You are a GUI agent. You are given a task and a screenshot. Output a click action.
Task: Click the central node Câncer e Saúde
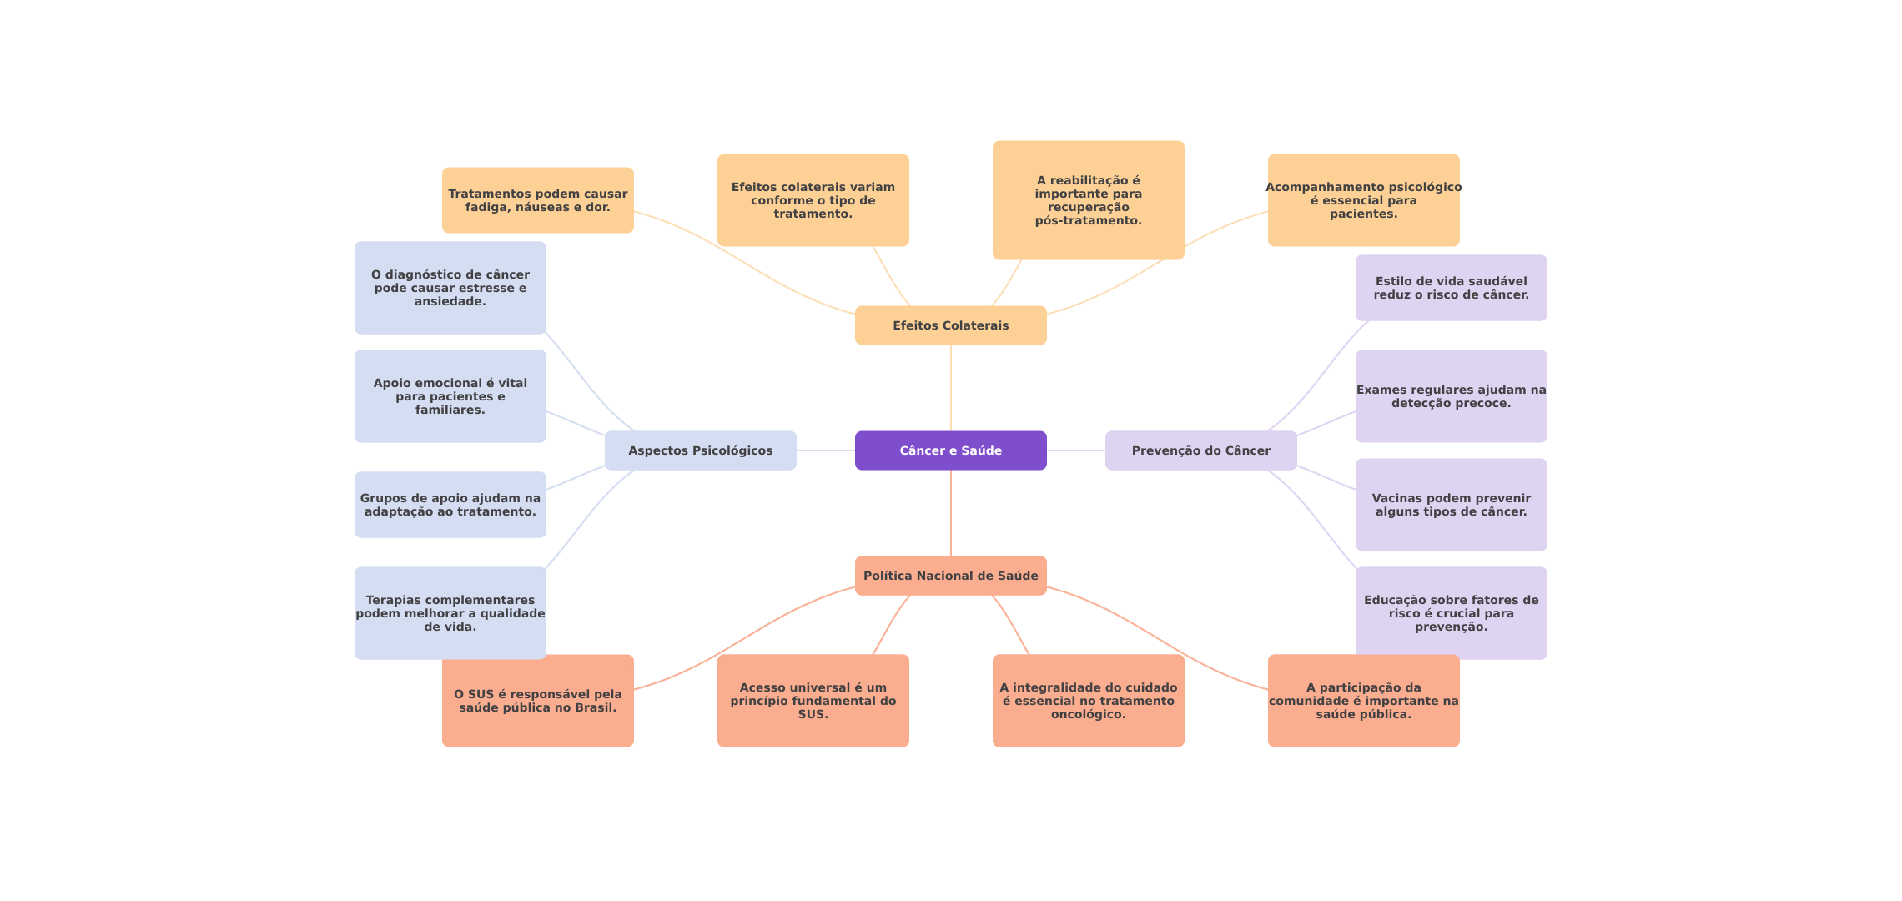pos(950,450)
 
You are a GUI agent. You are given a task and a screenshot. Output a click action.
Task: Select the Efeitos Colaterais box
pos(950,325)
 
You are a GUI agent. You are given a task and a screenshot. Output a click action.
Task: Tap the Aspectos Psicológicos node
pos(700,450)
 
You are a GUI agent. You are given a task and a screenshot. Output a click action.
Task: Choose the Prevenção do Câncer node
pos(1200,450)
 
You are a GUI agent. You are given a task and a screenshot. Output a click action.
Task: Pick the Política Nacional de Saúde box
pos(950,576)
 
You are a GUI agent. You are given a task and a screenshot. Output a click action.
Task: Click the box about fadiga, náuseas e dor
pos(537,200)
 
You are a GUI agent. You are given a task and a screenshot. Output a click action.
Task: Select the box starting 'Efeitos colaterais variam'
pos(813,200)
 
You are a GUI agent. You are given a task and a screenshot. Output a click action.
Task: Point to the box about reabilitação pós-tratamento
pos(1088,200)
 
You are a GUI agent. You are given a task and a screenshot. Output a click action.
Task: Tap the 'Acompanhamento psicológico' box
pos(1363,200)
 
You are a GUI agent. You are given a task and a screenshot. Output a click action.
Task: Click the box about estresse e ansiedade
pos(450,288)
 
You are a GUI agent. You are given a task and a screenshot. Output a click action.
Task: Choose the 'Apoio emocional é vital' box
pos(450,396)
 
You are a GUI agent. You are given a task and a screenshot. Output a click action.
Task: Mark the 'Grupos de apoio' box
pos(450,505)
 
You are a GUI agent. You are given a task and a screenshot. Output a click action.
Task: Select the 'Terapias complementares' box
pos(450,613)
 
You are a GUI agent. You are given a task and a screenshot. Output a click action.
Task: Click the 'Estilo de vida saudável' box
pos(1451,288)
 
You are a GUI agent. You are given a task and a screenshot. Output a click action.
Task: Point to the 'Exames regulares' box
pos(1451,396)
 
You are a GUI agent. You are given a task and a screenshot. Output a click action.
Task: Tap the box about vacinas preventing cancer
pos(1451,505)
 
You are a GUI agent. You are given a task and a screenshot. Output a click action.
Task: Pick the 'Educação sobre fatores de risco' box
pos(1451,613)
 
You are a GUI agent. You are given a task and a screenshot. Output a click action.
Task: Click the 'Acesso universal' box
pos(813,701)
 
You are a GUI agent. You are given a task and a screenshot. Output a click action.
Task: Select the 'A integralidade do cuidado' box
pos(1088,701)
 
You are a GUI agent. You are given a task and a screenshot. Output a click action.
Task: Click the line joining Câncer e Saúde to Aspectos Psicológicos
pos(826,450)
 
